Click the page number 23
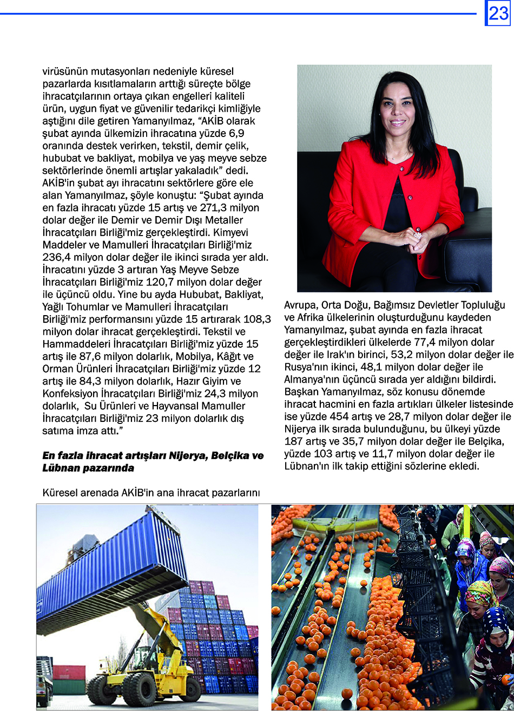pos(498,13)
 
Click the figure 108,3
pos(258,319)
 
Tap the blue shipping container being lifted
pos(111,568)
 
